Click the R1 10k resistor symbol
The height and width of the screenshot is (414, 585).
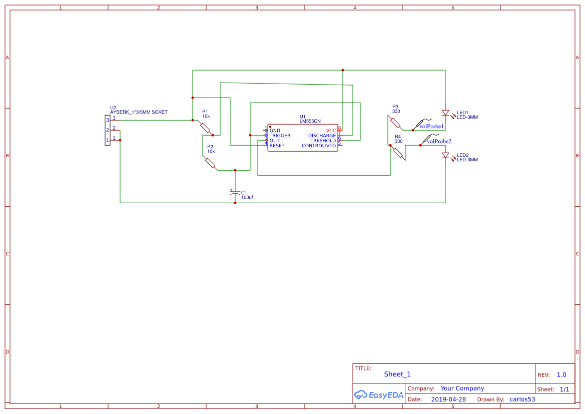click(205, 127)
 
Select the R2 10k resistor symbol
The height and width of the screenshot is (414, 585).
click(210, 163)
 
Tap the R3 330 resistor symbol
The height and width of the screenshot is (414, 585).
click(396, 123)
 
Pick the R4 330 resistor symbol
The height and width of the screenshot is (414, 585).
click(398, 153)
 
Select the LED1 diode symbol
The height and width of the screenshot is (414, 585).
click(445, 113)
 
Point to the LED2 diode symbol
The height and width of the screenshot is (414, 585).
click(445, 156)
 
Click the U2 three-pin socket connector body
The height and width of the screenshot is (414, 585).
click(108, 130)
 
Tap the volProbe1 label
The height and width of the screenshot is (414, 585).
click(431, 127)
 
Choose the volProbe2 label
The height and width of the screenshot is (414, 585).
click(439, 142)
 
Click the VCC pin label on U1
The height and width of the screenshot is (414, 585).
click(331, 131)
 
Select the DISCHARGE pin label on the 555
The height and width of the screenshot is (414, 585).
click(322, 136)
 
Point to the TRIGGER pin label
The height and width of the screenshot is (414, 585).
click(280, 136)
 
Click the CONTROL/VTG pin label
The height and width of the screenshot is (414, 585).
click(319, 146)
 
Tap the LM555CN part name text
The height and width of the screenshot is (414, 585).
click(310, 121)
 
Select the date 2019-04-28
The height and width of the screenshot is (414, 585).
click(448, 399)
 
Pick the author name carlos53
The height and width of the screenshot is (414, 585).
click(522, 399)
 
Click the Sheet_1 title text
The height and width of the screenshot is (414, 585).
click(397, 374)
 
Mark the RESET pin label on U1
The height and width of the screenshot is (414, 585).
click(277, 146)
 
